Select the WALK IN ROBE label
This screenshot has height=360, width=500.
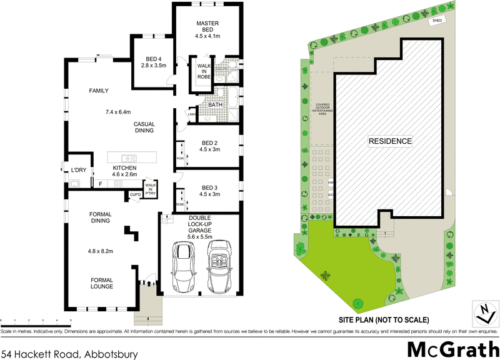(x=204, y=71)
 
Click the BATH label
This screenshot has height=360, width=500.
(x=216, y=105)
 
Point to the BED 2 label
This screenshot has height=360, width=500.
(x=207, y=142)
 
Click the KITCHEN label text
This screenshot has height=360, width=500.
(x=124, y=168)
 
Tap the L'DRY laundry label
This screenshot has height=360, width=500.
(x=78, y=170)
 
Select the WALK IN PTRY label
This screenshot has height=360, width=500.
(x=151, y=189)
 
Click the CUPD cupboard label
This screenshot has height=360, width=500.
(x=135, y=195)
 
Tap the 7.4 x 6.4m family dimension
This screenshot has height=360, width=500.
(x=117, y=112)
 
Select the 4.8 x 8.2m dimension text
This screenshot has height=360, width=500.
(x=100, y=251)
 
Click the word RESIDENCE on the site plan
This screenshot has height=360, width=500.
(x=390, y=141)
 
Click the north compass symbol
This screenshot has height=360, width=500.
(x=483, y=313)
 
